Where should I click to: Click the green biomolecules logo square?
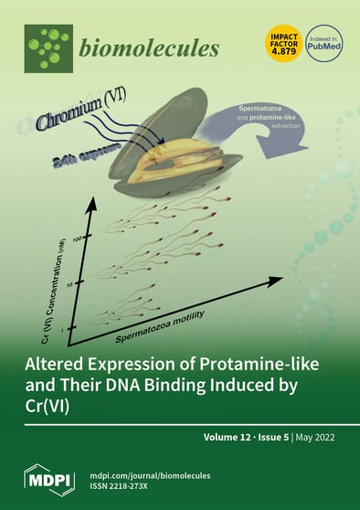pyautogui.click(x=48, y=48)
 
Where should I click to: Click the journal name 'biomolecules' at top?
pyautogui.click(x=149, y=48)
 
